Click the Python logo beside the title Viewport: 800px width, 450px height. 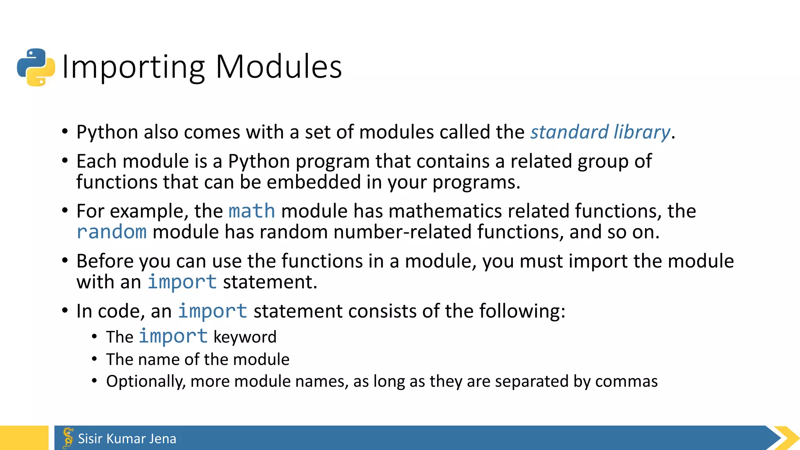[x=36, y=67]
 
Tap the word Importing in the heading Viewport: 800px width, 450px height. [x=133, y=67]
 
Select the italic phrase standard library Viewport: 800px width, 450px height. [x=600, y=132]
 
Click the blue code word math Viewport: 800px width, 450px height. [x=252, y=211]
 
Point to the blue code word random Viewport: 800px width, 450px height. [x=112, y=232]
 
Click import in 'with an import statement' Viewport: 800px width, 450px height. [x=182, y=282]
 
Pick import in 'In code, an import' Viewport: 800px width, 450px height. [x=212, y=311]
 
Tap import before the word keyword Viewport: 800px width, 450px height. [x=173, y=336]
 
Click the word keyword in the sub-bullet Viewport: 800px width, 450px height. [x=245, y=337]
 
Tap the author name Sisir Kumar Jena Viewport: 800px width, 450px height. [x=127, y=439]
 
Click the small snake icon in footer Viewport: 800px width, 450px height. [x=68, y=437]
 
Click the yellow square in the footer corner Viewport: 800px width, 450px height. [x=24, y=438]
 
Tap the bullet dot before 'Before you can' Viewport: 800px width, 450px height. [x=65, y=260]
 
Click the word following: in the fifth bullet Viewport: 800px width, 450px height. [x=522, y=311]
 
